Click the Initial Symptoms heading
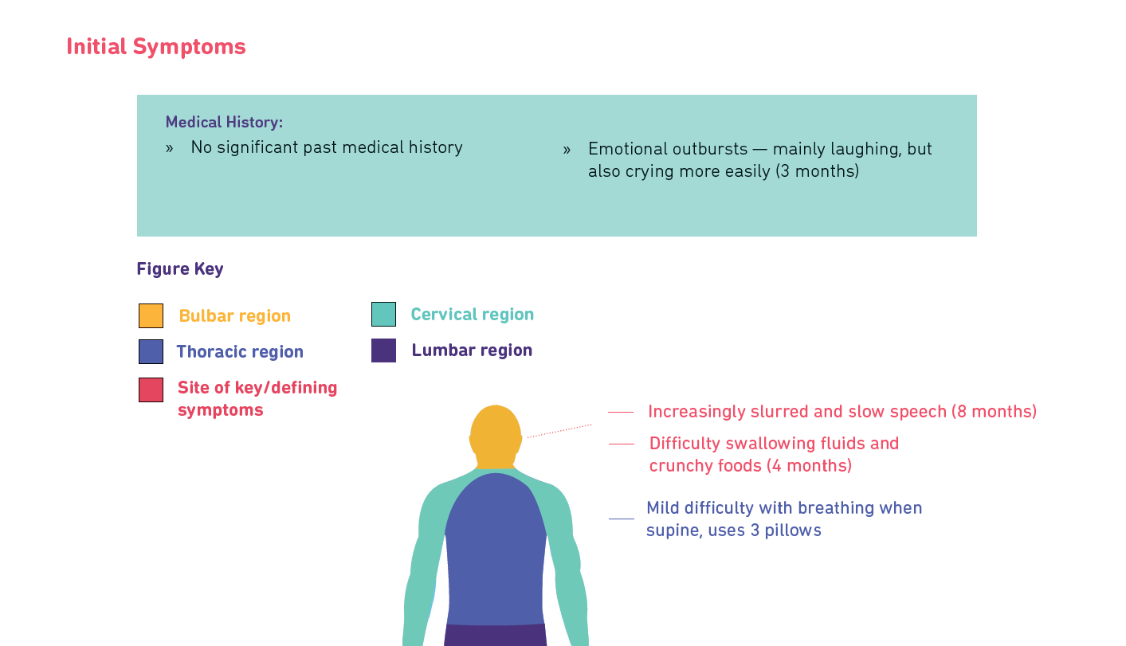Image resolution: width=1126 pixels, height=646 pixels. click(x=156, y=47)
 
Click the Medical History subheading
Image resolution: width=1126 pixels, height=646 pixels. click(x=224, y=122)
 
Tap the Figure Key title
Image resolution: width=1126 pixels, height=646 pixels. click(x=180, y=268)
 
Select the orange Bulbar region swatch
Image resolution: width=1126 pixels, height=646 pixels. click(x=151, y=315)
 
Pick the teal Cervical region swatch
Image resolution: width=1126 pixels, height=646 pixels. click(x=383, y=314)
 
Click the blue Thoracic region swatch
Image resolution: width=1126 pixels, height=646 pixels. click(x=151, y=351)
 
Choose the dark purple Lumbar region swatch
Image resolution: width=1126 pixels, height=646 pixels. click(x=383, y=350)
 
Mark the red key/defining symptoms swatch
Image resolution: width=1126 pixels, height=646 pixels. click(x=151, y=390)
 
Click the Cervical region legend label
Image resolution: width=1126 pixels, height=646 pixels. click(x=472, y=315)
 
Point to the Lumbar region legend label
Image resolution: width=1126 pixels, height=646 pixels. click(x=472, y=350)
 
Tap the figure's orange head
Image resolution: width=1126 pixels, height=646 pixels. click(x=495, y=436)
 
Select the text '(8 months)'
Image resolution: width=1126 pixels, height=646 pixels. click(x=995, y=411)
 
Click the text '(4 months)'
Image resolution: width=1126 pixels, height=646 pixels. click(x=809, y=466)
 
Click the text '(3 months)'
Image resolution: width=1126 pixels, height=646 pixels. click(x=817, y=171)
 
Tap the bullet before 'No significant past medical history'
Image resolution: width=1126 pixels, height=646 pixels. click(x=170, y=148)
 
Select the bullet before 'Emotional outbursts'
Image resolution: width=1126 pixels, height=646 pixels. click(x=567, y=150)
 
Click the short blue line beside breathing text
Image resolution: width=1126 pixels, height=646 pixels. click(x=622, y=519)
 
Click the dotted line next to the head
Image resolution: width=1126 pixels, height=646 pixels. click(x=559, y=431)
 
